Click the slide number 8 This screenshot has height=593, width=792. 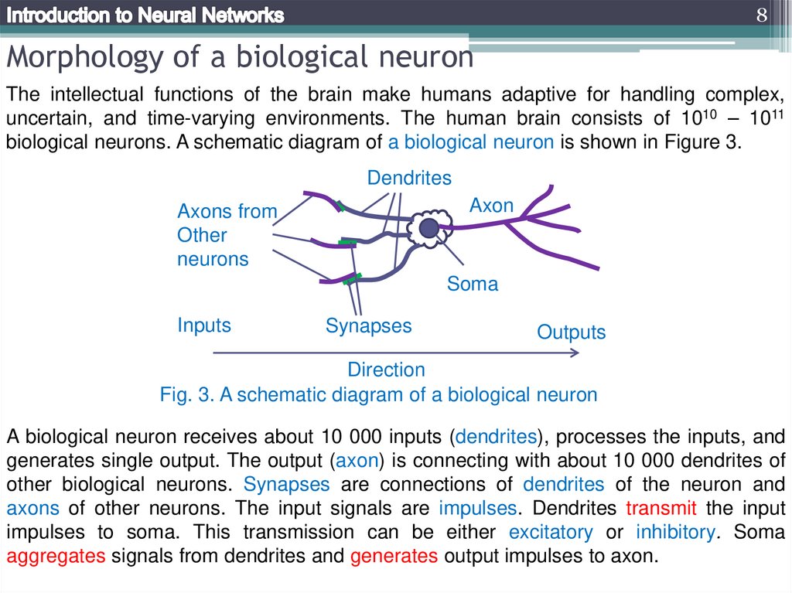tap(761, 15)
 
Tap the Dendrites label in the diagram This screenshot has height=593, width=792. tap(409, 178)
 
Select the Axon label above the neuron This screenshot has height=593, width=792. tap(492, 206)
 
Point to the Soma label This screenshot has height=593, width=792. tap(473, 285)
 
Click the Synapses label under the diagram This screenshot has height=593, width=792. tap(368, 325)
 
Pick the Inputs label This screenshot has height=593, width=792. tap(204, 325)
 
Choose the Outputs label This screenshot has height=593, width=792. tap(572, 332)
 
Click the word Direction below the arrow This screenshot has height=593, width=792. tap(386, 370)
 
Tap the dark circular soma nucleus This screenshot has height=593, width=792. tap(428, 227)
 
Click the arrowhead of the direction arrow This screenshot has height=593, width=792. tap(575, 353)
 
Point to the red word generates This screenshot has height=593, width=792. tap(394, 557)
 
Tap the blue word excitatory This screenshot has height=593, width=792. tap(551, 533)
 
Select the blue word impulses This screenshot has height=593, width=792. tap(477, 509)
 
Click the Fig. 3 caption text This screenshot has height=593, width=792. tap(378, 394)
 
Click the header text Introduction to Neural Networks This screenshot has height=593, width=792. tap(145, 15)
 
